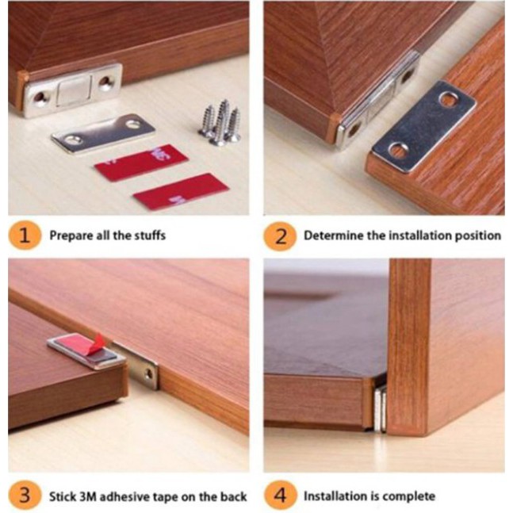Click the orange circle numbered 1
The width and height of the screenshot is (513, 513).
(25, 235)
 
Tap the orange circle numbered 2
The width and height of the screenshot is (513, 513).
(280, 236)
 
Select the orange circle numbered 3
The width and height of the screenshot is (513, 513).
(25, 496)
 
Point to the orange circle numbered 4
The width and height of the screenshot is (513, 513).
(280, 496)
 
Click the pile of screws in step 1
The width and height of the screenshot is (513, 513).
(220, 124)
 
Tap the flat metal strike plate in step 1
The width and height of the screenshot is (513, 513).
(103, 133)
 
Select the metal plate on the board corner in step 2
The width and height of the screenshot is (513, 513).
(424, 126)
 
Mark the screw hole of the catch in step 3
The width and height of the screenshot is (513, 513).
(149, 373)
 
